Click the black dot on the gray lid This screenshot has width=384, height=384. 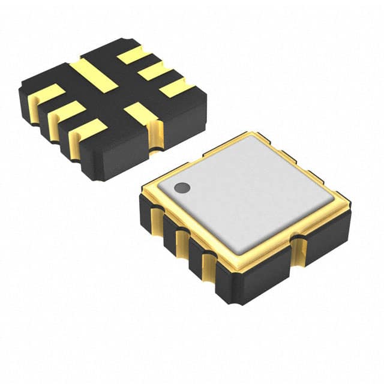(181, 188)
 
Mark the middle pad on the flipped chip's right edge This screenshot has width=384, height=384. (155, 72)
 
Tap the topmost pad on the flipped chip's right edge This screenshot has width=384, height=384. (133, 56)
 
